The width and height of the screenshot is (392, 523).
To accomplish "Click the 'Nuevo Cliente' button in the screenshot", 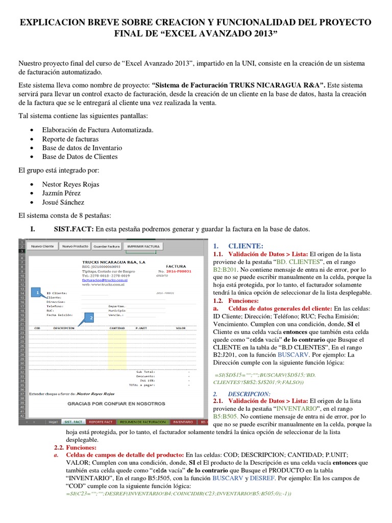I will [x=43, y=246].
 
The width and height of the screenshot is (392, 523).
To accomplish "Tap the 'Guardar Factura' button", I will [x=107, y=246].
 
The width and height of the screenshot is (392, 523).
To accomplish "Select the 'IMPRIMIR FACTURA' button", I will [x=143, y=246].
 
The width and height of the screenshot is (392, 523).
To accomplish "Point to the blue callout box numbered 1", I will [x=38, y=292].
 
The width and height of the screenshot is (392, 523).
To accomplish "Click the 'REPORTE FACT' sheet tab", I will [x=101, y=422].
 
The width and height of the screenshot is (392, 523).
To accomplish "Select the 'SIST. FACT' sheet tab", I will [x=73, y=422].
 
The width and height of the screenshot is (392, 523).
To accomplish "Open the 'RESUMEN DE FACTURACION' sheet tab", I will [x=142, y=422].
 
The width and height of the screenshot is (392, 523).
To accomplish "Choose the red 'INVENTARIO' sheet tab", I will [x=183, y=422].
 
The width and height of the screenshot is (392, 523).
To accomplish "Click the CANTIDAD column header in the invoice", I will [x=118, y=328].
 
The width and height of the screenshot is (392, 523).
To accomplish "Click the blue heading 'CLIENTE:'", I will [x=246, y=245].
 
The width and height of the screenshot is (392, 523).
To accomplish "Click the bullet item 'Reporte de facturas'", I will [x=71, y=139].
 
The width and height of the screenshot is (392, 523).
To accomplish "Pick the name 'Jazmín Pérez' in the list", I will [x=62, y=193].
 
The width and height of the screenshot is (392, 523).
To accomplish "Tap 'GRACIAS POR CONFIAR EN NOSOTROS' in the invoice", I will [x=116, y=403].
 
